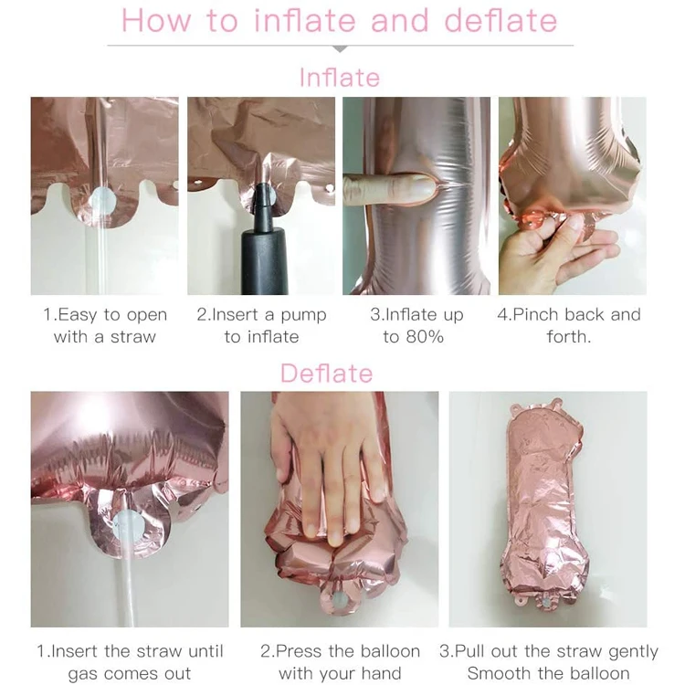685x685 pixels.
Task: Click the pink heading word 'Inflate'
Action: tap(340, 78)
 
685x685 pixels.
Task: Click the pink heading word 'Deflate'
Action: tap(326, 374)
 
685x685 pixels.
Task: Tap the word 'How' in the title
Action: tap(156, 20)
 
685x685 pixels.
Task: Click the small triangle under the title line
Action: tap(340, 49)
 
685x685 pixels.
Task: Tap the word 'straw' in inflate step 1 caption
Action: tap(132, 337)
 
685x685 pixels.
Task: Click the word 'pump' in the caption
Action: tap(303, 315)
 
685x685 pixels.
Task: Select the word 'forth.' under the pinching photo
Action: tap(569, 337)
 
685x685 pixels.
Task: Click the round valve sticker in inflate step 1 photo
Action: tap(102, 202)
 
